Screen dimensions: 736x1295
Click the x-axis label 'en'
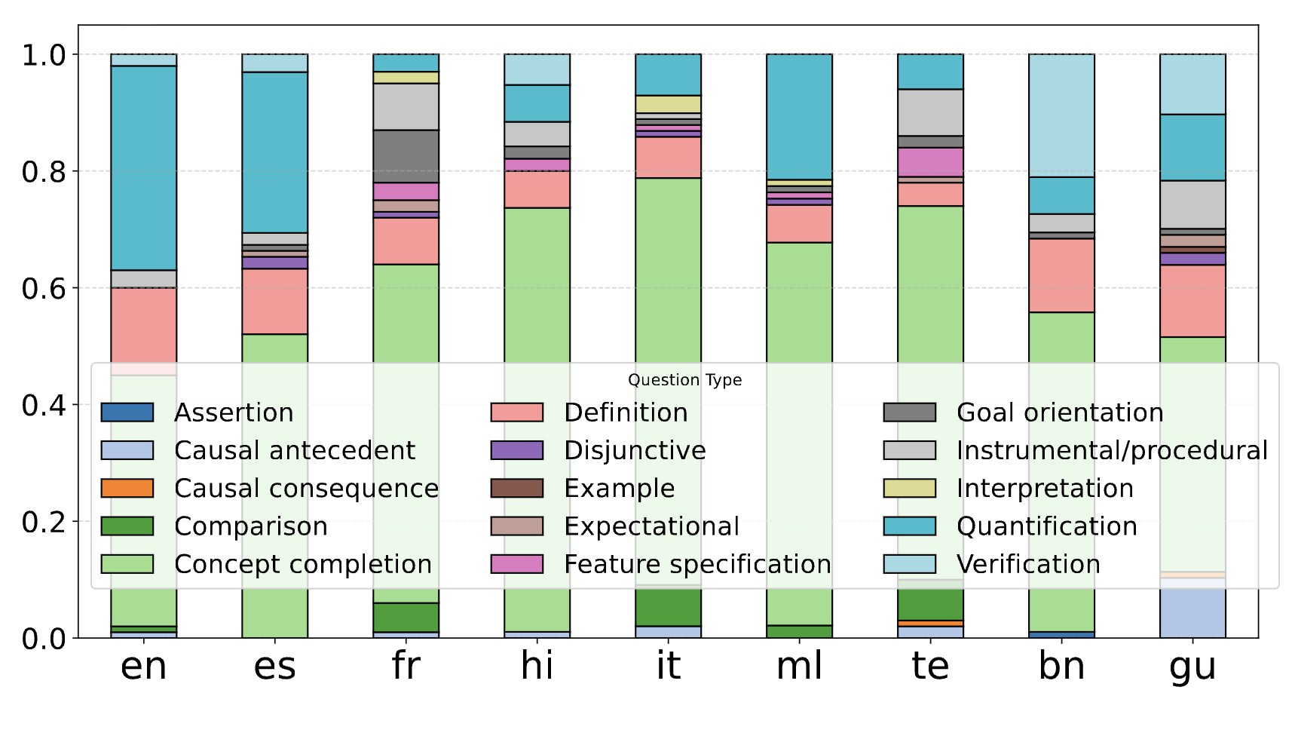[143, 667]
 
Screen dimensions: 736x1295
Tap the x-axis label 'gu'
[1192, 667]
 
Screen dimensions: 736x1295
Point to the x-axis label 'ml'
[799, 667]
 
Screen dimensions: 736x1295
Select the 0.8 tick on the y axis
[44, 172]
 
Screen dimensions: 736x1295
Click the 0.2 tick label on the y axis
[44, 522]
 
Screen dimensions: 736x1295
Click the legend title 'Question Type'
[684, 380]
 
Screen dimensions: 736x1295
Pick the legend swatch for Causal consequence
[127, 489]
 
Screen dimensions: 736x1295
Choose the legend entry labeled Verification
[1028, 564]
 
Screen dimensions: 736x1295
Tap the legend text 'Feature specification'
[697, 564]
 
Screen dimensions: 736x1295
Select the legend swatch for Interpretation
[910, 489]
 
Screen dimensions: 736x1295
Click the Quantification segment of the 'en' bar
[143, 168]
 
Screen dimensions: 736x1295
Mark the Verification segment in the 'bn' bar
[1061, 115]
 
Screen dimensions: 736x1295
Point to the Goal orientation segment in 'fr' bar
[406, 156]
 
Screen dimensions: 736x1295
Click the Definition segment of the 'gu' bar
[1192, 301]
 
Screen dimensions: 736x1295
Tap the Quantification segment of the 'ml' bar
[799, 117]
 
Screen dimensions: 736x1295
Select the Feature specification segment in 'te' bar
[930, 162]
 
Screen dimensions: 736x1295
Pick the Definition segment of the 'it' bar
[668, 157]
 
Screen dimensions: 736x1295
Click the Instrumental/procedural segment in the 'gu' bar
[1192, 204]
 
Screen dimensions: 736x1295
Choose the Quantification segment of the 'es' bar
[274, 152]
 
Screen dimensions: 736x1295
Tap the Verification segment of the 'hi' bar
[537, 69]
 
